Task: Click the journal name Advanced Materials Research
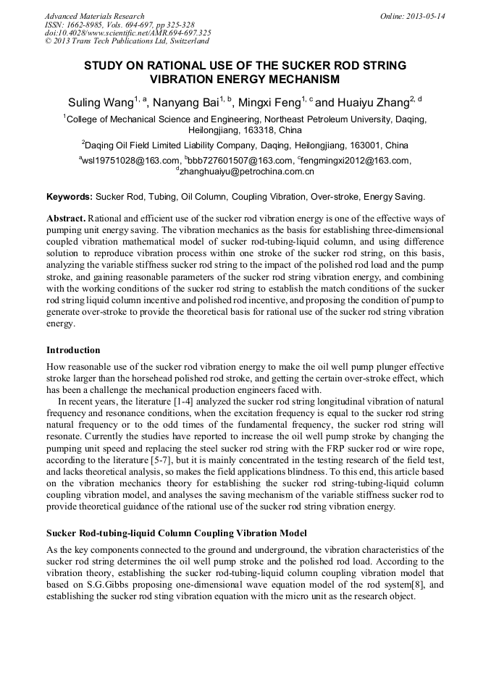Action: click(x=94, y=16)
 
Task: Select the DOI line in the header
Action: click(x=127, y=33)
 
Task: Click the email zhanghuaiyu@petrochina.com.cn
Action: click(x=247, y=172)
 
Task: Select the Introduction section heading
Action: click(x=73, y=350)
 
